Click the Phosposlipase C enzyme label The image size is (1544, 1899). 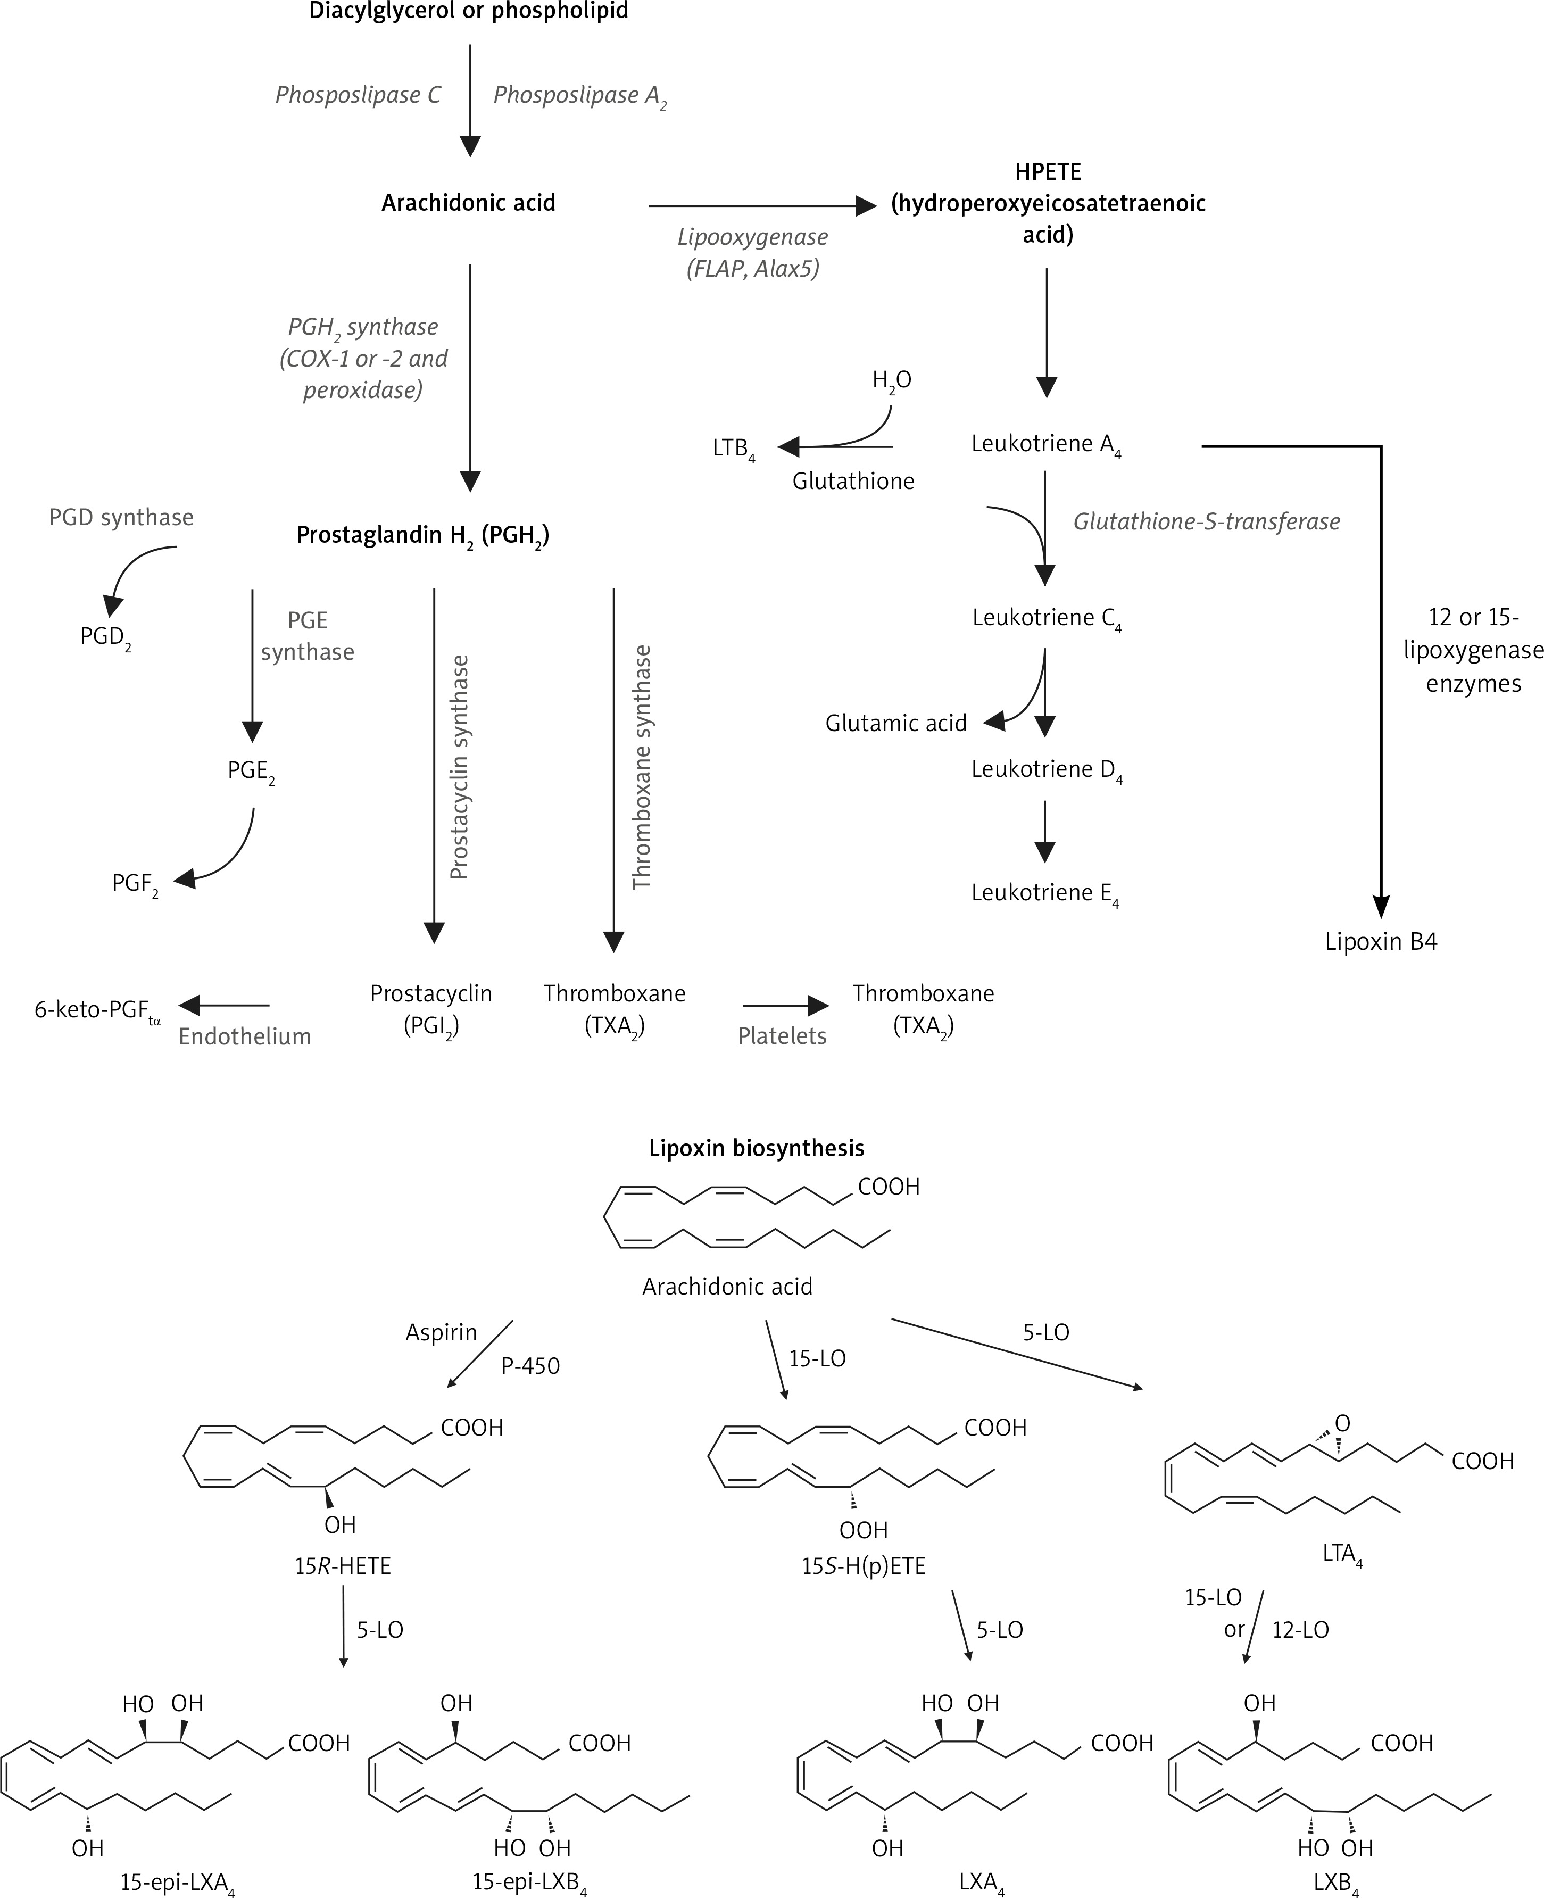tap(358, 95)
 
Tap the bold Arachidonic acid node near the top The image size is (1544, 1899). tap(469, 203)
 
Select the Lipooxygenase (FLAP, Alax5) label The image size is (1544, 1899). tap(752, 253)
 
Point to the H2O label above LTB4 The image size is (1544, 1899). tap(891, 380)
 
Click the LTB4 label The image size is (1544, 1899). tap(733, 449)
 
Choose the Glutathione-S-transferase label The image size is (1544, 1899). tap(1206, 521)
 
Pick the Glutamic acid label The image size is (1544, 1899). tap(895, 723)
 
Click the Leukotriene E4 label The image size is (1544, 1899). tap(1044, 893)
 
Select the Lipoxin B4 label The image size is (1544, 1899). tap(1380, 941)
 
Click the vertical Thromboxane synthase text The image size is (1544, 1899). tap(641, 767)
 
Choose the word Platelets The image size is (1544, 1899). tap(782, 1035)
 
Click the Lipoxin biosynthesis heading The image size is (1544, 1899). tap(756, 1148)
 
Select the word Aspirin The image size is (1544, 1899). tap(441, 1332)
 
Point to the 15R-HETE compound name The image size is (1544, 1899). tap(343, 1565)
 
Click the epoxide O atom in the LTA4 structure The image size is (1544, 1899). tap(1342, 1423)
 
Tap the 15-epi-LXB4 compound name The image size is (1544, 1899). tap(529, 1882)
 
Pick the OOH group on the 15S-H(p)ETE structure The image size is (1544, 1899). tap(863, 1530)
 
